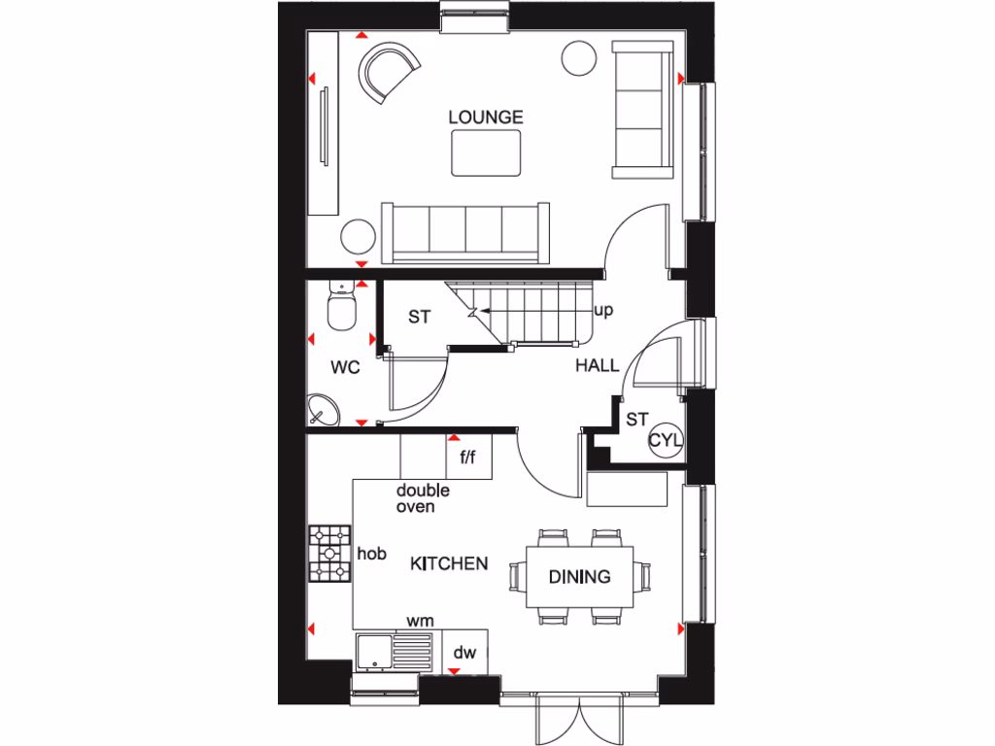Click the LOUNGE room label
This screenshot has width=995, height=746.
486,117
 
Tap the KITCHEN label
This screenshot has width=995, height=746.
448,563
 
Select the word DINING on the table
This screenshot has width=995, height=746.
579,576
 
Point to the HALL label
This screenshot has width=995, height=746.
597,366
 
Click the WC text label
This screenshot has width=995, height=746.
346,368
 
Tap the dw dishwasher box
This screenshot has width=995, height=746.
464,653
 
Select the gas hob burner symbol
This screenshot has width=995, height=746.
330,554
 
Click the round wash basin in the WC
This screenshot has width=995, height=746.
324,411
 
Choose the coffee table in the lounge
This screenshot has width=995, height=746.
486,153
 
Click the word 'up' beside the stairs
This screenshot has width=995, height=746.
602,311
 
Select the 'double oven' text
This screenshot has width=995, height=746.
423,498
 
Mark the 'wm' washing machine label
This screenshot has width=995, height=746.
420,620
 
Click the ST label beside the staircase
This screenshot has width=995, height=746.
418,317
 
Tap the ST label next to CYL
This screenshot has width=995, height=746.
636,420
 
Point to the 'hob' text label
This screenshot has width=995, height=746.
372,554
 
